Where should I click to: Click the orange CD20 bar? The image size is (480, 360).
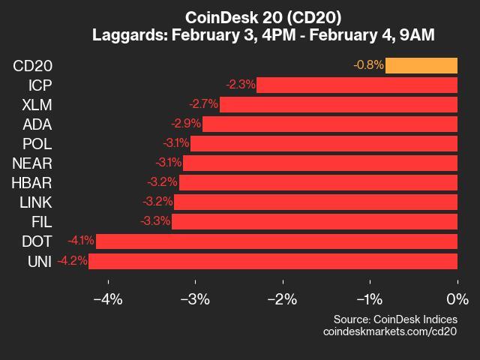421,65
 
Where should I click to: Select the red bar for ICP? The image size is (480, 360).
356,85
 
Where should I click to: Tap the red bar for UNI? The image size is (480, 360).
273,261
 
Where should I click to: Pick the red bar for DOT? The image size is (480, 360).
276,241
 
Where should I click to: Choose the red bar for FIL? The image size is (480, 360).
314,221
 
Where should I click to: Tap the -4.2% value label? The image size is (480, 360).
72,261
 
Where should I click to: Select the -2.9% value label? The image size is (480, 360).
185,124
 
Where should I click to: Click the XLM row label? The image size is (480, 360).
37,104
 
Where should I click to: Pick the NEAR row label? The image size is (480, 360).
32,163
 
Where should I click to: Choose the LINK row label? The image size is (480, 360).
34,202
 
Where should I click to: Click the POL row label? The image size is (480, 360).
37,143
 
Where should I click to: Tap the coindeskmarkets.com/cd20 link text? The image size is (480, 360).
389,331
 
